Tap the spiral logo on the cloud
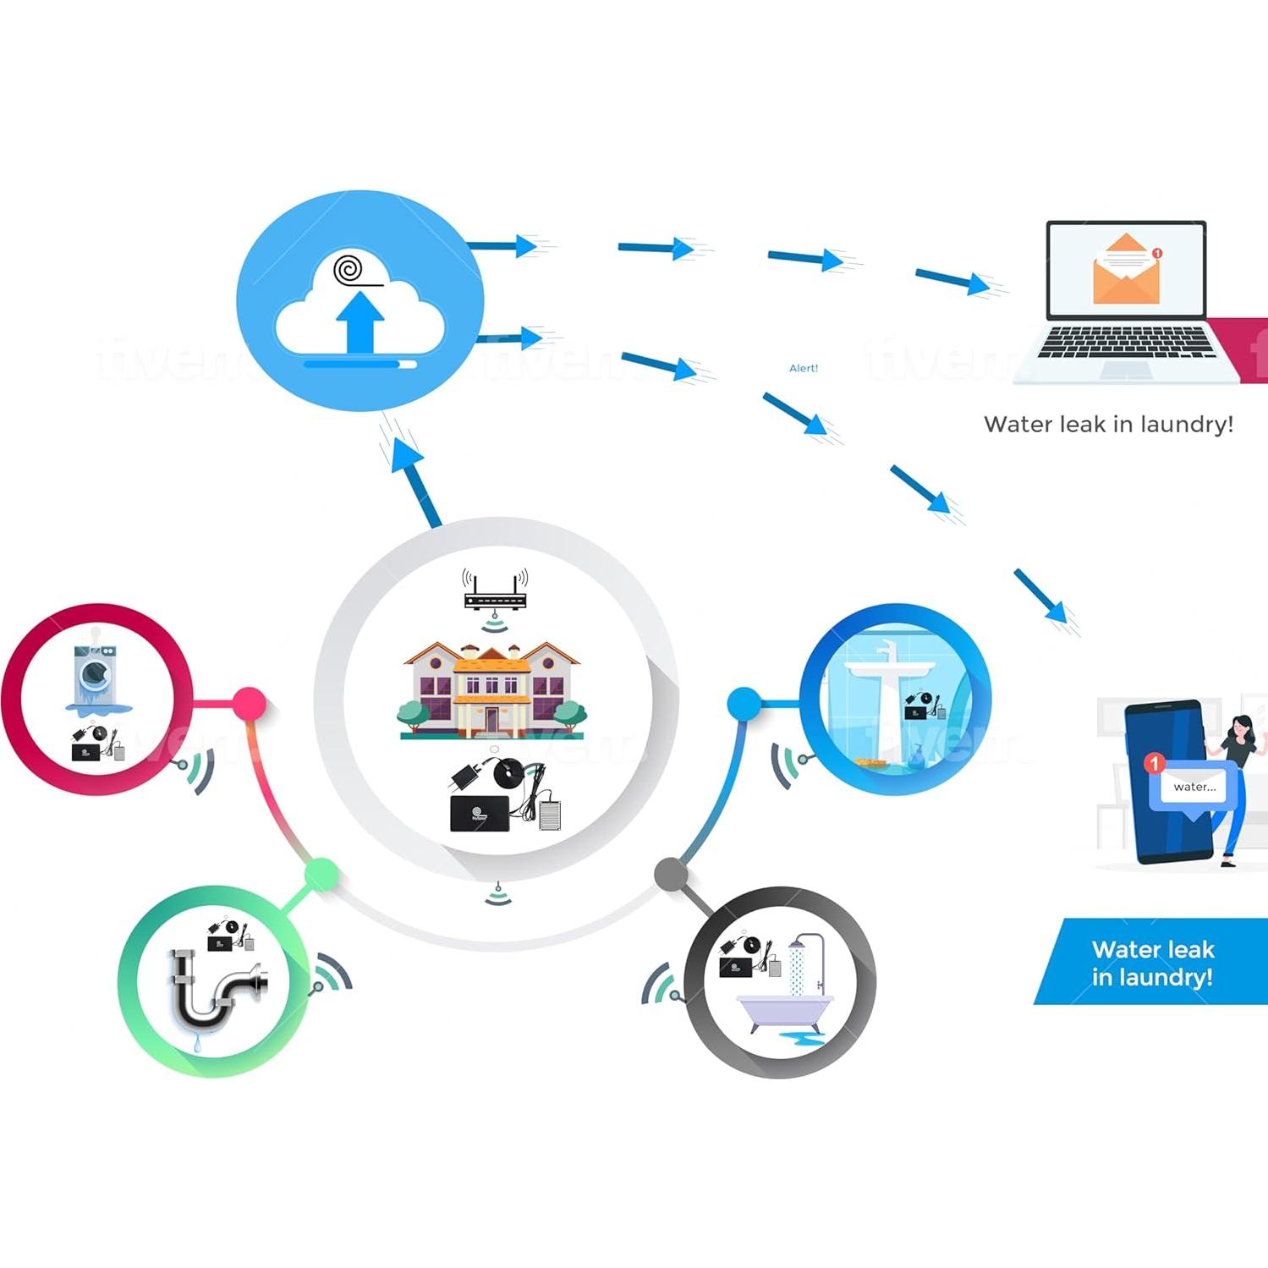(x=349, y=270)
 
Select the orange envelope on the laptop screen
(x=1126, y=270)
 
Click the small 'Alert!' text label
(x=803, y=368)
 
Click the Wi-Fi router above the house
(x=495, y=590)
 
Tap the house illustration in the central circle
(x=491, y=689)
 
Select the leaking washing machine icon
(x=96, y=678)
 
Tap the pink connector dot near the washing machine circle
(x=249, y=703)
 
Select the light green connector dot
(x=321, y=874)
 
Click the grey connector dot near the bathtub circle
(x=671, y=874)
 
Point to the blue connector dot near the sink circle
(x=744, y=703)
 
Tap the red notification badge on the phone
(x=1153, y=763)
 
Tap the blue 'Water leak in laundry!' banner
(x=1152, y=963)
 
